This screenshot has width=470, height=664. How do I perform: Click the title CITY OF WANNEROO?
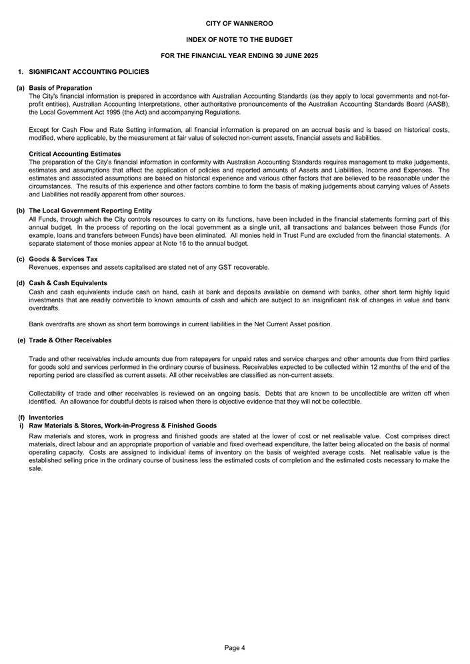(x=235, y=24)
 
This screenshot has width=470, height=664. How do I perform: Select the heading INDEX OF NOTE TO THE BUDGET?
(x=235, y=40)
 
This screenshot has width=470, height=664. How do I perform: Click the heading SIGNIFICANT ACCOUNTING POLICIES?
(x=89, y=72)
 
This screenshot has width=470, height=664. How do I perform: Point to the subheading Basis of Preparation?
(x=61, y=88)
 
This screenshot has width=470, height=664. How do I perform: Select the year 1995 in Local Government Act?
(x=104, y=112)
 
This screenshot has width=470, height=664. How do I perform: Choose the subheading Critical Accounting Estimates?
(x=75, y=154)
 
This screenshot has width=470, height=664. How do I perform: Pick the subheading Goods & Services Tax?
(x=63, y=259)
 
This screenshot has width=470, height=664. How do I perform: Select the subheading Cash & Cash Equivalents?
(x=68, y=283)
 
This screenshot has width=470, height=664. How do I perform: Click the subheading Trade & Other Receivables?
(x=71, y=340)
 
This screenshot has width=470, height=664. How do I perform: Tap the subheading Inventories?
(x=46, y=418)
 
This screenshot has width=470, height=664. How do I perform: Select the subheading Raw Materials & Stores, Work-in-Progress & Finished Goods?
(x=123, y=426)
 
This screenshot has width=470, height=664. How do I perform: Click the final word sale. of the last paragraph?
(x=36, y=468)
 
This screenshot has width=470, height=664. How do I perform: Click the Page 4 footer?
(x=235, y=648)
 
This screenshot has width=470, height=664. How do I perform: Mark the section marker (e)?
(x=22, y=340)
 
